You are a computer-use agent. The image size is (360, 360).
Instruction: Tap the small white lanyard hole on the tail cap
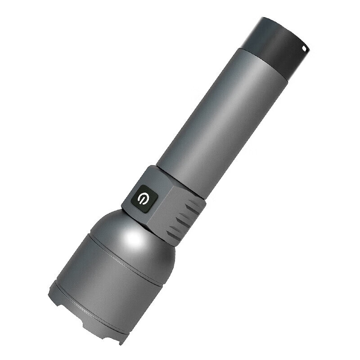304,47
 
